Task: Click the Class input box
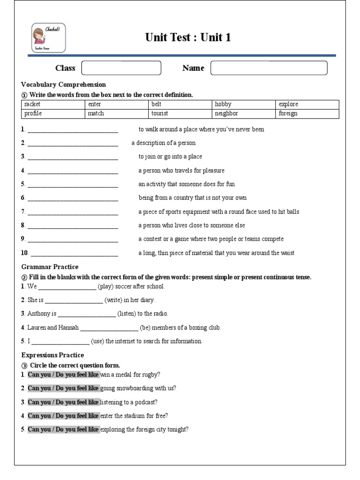pos(121,68)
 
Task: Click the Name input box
pos(269,68)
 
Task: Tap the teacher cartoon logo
pos(49,38)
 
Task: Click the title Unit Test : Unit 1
pos(188,37)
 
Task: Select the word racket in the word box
pos(32,105)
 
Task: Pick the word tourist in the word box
pos(159,113)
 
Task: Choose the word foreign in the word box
pos(288,113)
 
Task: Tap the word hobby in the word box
pos(223,105)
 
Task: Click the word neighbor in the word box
pos(226,113)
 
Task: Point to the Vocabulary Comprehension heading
pos(63,84)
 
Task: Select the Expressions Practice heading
pos(53,355)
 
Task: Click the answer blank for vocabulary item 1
pos(73,130)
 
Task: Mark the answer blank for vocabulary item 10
pos(74,254)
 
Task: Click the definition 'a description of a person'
pos(163,143)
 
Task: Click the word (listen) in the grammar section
pos(126,314)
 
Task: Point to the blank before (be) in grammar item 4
pos(109,328)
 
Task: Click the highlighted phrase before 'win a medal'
pos(63,375)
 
